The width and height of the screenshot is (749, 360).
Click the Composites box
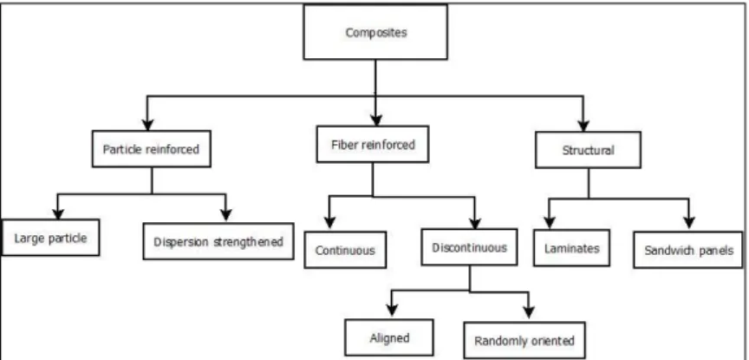(375, 32)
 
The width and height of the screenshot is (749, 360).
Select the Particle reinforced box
(152, 148)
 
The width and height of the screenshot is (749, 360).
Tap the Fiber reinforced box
(373, 144)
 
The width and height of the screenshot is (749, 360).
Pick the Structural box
(588, 150)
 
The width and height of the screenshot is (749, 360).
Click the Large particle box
(50, 238)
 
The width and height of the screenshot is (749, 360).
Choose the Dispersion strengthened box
(218, 241)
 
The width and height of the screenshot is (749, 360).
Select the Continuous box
(345, 250)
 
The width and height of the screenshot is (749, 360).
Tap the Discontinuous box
(469, 247)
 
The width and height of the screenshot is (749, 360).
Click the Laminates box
(572, 248)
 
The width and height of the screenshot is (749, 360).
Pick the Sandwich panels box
(688, 250)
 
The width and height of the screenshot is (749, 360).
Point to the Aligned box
(389, 337)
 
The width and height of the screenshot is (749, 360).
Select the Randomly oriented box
(524, 340)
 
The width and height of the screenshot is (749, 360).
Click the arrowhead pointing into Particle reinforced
(147, 124)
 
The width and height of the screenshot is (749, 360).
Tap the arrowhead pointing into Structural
(583, 126)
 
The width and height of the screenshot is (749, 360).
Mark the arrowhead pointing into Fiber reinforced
(376, 120)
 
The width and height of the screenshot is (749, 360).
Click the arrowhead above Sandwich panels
(688, 223)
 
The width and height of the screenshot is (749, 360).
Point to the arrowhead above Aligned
(392, 310)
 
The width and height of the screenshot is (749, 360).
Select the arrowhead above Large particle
(58, 213)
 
